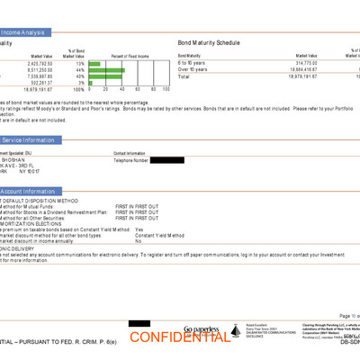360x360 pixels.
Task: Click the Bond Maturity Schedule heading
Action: pos(210,42)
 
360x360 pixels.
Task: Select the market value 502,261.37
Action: pos(43,83)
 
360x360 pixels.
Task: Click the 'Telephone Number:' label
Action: pos(132,160)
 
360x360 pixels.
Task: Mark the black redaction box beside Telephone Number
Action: pos(169,160)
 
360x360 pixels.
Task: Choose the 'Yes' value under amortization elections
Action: pos(139,229)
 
